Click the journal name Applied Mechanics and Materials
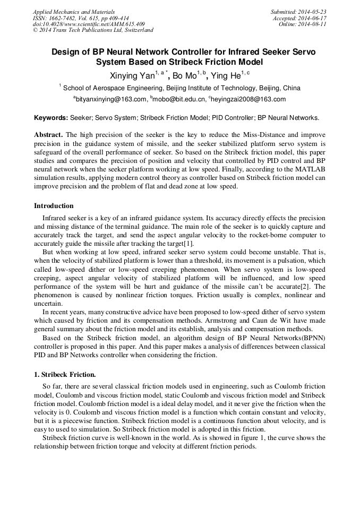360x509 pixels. tap(73, 11)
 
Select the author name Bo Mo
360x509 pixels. tap(184, 75)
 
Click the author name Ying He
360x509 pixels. tap(228, 75)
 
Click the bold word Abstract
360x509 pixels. tap(48, 135)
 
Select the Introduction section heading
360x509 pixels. tap(54, 206)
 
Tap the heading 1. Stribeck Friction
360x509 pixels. tap(65, 375)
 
